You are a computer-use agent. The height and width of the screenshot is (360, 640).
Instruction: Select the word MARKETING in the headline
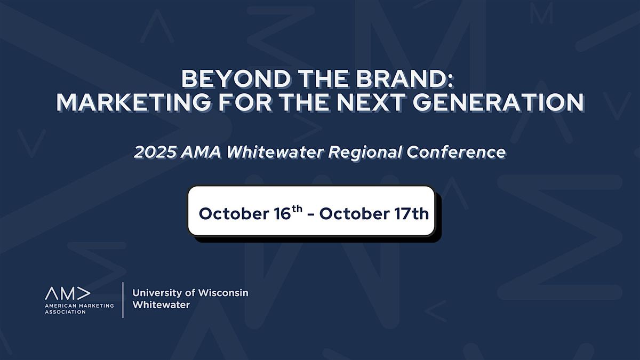click(x=134, y=102)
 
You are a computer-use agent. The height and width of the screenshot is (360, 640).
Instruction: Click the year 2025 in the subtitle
click(x=154, y=152)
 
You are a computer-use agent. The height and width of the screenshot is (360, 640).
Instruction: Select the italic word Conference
click(x=456, y=152)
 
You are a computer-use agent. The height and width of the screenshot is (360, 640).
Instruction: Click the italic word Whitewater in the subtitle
click(x=275, y=152)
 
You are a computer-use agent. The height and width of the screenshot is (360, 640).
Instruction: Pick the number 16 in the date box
click(x=282, y=214)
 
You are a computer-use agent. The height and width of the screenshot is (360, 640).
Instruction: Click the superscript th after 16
click(x=297, y=209)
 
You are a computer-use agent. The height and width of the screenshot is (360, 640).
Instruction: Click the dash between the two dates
click(x=311, y=215)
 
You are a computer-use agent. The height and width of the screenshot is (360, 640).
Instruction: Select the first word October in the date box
click(x=234, y=214)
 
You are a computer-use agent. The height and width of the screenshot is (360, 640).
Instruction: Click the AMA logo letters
click(x=68, y=293)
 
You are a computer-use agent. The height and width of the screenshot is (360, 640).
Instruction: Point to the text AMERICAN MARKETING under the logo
click(x=79, y=306)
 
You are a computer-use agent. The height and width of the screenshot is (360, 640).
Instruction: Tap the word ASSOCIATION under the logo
click(x=66, y=312)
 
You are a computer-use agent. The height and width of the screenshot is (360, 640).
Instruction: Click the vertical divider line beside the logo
click(x=123, y=300)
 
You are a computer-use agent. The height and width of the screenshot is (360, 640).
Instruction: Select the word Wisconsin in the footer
click(x=223, y=293)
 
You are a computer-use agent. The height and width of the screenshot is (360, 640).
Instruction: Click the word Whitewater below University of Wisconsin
click(x=161, y=305)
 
